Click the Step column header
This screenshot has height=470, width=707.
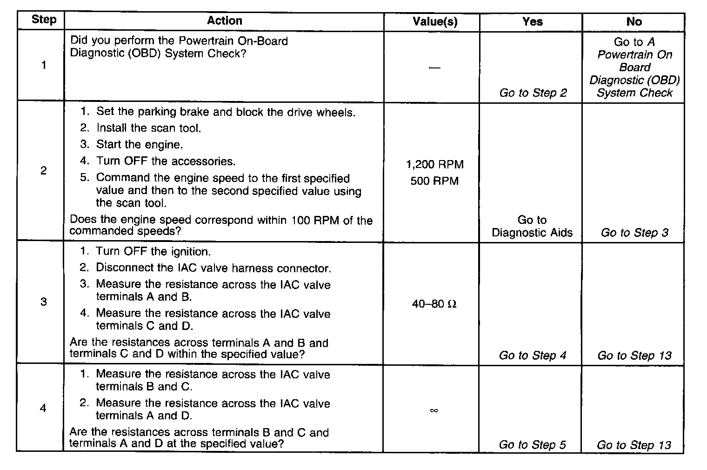[44, 20]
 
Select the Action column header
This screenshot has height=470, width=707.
[224, 21]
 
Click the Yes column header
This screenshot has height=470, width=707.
[532, 22]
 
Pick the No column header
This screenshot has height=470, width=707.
[634, 22]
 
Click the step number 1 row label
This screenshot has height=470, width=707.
[44, 65]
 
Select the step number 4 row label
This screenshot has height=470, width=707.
[43, 408]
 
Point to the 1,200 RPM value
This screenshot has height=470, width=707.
[435, 165]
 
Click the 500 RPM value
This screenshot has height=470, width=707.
[434, 181]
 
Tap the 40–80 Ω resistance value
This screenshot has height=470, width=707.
[434, 304]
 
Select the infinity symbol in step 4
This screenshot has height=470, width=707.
[434, 410]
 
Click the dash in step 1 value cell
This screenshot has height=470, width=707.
[434, 68]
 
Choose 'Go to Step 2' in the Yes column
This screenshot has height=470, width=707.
[533, 93]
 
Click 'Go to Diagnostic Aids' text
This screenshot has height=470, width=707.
[532, 226]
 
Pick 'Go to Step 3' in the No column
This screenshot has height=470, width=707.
[634, 233]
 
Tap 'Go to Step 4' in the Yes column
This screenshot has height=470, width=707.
[533, 356]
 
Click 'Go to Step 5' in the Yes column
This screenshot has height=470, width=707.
[532, 445]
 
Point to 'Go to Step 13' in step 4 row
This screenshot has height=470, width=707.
[634, 445]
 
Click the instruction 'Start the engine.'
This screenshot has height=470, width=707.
[139, 145]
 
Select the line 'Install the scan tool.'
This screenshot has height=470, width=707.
[148, 128]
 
